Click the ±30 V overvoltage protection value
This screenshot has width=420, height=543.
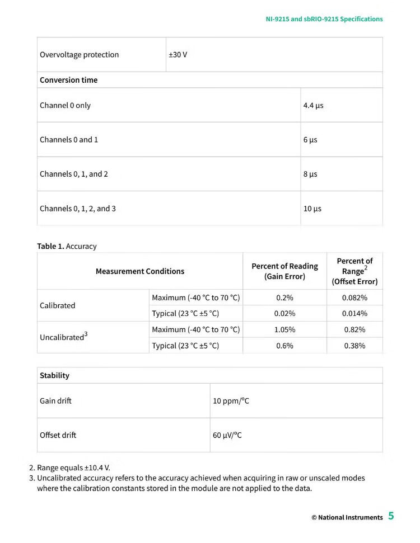[178, 55]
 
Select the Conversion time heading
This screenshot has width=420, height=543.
[68, 80]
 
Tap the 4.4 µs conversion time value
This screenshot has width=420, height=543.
[313, 105]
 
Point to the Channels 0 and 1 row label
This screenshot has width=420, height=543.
[69, 139]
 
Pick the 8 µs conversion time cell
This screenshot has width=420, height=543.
[310, 174]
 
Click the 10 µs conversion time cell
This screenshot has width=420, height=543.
[312, 209]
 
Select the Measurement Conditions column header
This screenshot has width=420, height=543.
[140, 271]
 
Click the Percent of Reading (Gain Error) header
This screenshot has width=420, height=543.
[284, 271]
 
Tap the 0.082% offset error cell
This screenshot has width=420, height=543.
[354, 298]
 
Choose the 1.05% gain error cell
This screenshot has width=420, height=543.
[284, 329]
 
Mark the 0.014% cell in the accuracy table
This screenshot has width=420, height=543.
[354, 313]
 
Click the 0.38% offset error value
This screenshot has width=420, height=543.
[354, 346]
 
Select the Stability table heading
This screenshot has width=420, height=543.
[54, 375]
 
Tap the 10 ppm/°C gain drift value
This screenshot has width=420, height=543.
[231, 401]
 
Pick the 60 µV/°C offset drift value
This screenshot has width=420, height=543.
[227, 435]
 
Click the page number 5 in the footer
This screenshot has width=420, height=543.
[391, 516]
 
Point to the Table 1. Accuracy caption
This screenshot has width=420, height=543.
[67, 246]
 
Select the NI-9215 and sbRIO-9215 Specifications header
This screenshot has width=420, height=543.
[324, 19]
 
